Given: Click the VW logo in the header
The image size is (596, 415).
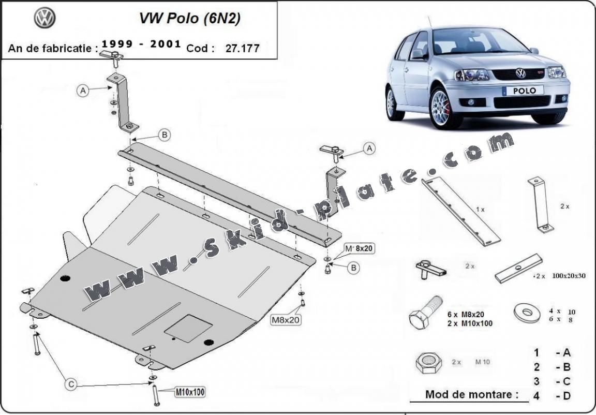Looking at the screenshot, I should tap(44, 18).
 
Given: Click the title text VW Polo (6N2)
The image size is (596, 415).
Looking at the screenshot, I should tap(189, 18).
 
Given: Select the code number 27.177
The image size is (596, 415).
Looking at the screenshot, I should tap(242, 49).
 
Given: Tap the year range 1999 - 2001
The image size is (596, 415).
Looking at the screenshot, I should tap(141, 45).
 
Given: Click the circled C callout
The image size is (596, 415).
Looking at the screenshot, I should tap(71, 384).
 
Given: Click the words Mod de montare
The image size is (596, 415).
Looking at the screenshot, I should tap(471, 394).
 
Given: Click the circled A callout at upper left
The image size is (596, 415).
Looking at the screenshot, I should tap(83, 91).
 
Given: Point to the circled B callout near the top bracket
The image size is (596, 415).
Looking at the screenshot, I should tap(164, 135).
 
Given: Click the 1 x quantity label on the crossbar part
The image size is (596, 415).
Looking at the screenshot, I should tap(481, 210).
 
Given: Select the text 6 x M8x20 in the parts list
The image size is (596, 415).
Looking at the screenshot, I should tap(466, 314).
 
